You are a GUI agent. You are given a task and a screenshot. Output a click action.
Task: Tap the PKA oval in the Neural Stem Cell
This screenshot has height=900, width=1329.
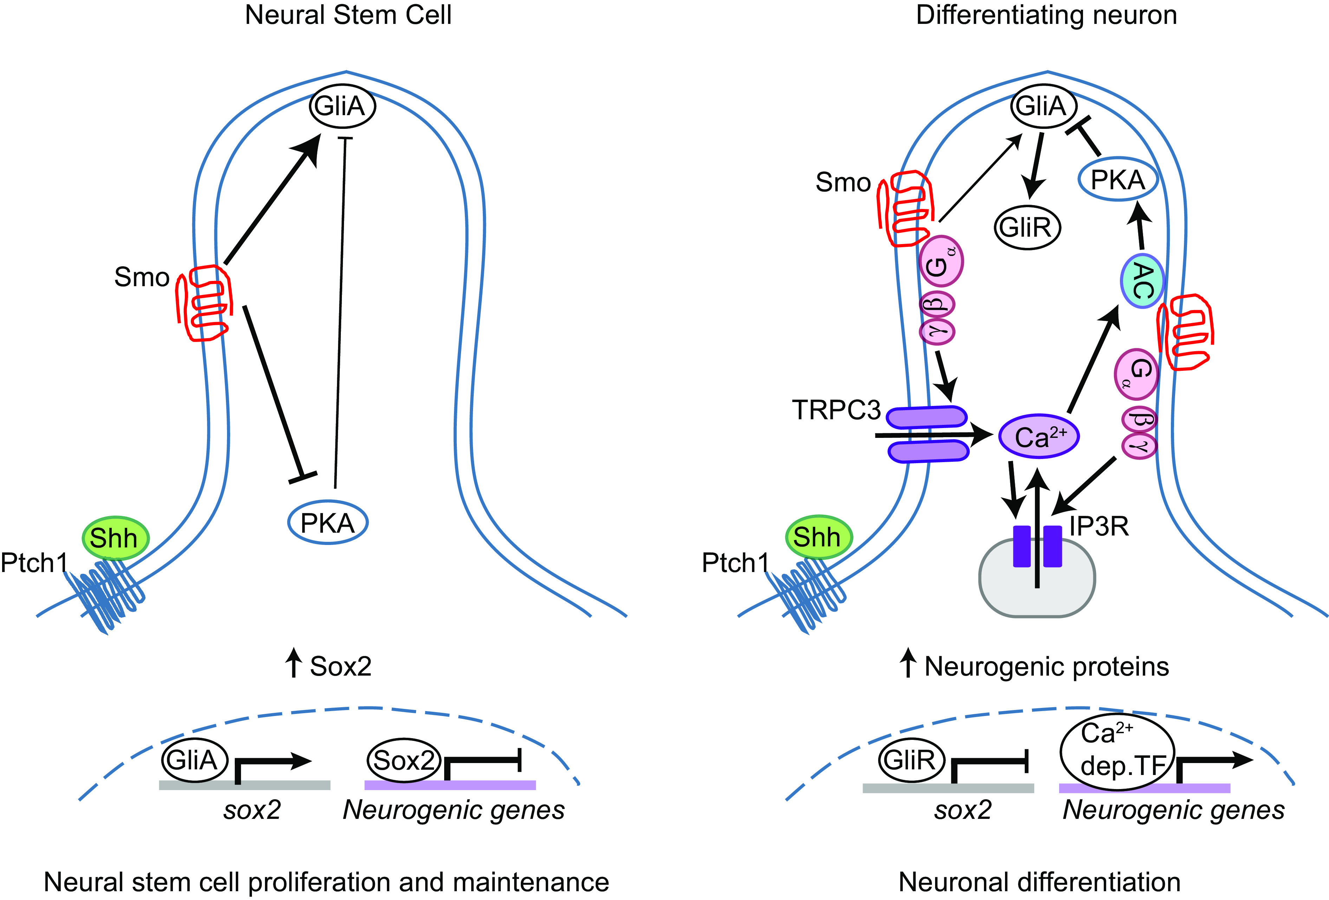(327, 522)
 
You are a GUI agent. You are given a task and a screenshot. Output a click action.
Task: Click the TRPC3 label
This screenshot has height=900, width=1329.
(836, 410)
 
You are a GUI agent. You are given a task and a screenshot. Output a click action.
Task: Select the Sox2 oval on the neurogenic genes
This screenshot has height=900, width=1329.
(403, 760)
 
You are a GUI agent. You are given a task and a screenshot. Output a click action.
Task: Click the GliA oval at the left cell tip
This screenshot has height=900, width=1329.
(342, 106)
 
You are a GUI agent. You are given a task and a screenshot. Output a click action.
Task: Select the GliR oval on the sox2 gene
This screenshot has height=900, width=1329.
(909, 760)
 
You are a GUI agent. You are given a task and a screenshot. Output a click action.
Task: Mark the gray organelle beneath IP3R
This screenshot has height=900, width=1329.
(1037, 594)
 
